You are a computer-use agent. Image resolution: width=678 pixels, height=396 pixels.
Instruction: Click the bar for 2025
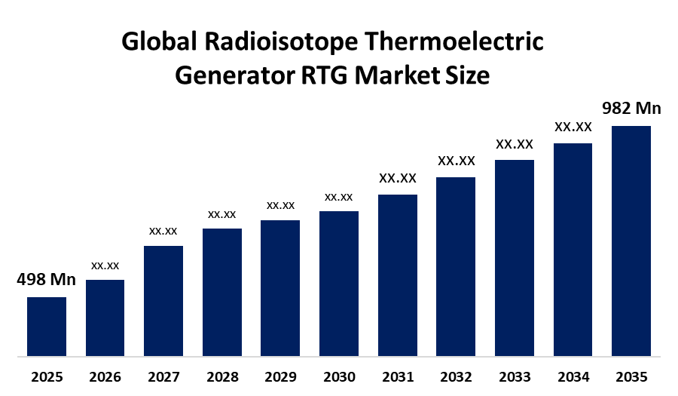tap(47, 326)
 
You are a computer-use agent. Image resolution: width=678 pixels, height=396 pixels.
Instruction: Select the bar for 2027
tap(163, 300)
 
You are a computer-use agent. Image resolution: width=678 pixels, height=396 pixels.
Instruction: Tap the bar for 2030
tap(338, 283)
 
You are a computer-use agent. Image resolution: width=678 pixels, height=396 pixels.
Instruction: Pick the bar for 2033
tap(514, 257)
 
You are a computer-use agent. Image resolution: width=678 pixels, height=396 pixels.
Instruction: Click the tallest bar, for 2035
tap(631, 240)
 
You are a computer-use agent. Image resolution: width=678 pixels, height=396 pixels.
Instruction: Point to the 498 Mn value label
tap(47, 280)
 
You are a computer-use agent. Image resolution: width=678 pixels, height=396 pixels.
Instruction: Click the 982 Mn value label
tap(631, 109)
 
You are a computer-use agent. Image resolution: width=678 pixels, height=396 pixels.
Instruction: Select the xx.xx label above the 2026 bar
tap(105, 266)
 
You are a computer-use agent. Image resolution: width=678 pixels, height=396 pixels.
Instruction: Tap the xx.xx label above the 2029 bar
tap(280, 205)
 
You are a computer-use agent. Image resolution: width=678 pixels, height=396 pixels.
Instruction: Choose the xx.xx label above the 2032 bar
tap(456, 161)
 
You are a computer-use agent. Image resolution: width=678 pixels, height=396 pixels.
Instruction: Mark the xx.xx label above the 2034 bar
tap(573, 127)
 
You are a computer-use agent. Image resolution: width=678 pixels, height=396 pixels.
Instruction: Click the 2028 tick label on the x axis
tap(221, 376)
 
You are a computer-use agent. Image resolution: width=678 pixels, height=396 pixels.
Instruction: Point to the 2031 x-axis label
tap(397, 376)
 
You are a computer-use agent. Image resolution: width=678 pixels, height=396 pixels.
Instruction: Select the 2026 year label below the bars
tap(105, 376)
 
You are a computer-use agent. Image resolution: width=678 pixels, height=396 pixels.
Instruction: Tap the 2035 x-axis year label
tap(631, 376)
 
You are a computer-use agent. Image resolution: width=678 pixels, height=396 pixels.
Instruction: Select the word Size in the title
tap(472, 76)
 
